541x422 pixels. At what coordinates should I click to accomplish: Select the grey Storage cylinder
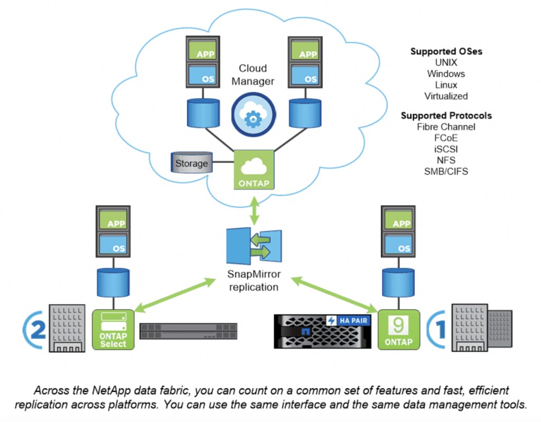coord(192,163)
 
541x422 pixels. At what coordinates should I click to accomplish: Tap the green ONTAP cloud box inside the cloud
coord(254,169)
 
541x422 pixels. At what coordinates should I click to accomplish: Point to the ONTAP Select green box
coord(113,329)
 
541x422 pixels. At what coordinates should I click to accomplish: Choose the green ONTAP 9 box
coord(399,329)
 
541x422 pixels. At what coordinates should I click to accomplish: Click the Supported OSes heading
coord(446,52)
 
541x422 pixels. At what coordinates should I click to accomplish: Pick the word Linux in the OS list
coord(446,85)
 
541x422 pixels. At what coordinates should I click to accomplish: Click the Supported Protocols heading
coord(446,115)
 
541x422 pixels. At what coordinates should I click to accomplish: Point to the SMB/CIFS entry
coord(446,171)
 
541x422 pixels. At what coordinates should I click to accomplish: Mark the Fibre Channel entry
coord(446,127)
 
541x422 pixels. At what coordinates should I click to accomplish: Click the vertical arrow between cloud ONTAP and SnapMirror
coord(254,211)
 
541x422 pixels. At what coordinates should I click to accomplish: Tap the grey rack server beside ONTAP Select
coord(189,331)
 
